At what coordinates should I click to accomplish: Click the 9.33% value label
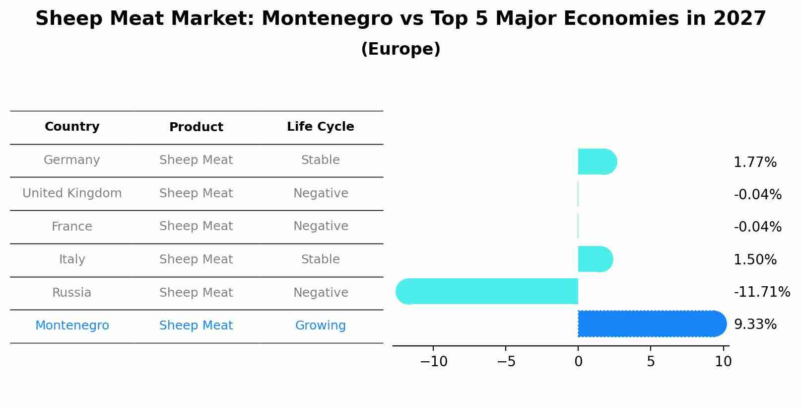(755, 325)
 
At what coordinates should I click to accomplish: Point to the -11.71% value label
(761, 292)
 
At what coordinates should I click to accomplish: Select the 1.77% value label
(755, 163)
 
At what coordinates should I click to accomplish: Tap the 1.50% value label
(755, 260)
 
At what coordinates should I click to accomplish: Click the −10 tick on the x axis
(433, 362)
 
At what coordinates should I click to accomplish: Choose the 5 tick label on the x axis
(651, 362)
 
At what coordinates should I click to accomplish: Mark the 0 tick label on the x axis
(578, 362)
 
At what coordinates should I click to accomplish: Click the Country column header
(72, 127)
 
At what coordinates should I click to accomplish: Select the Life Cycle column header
(320, 127)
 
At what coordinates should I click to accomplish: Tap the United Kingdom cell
(72, 193)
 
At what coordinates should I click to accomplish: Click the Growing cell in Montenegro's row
(320, 326)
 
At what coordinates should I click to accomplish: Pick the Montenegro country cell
(72, 326)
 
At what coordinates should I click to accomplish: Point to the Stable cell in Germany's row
(320, 160)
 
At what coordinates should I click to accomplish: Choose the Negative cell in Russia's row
(320, 293)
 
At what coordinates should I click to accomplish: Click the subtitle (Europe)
(400, 49)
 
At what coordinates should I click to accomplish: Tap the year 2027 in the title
(739, 19)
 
